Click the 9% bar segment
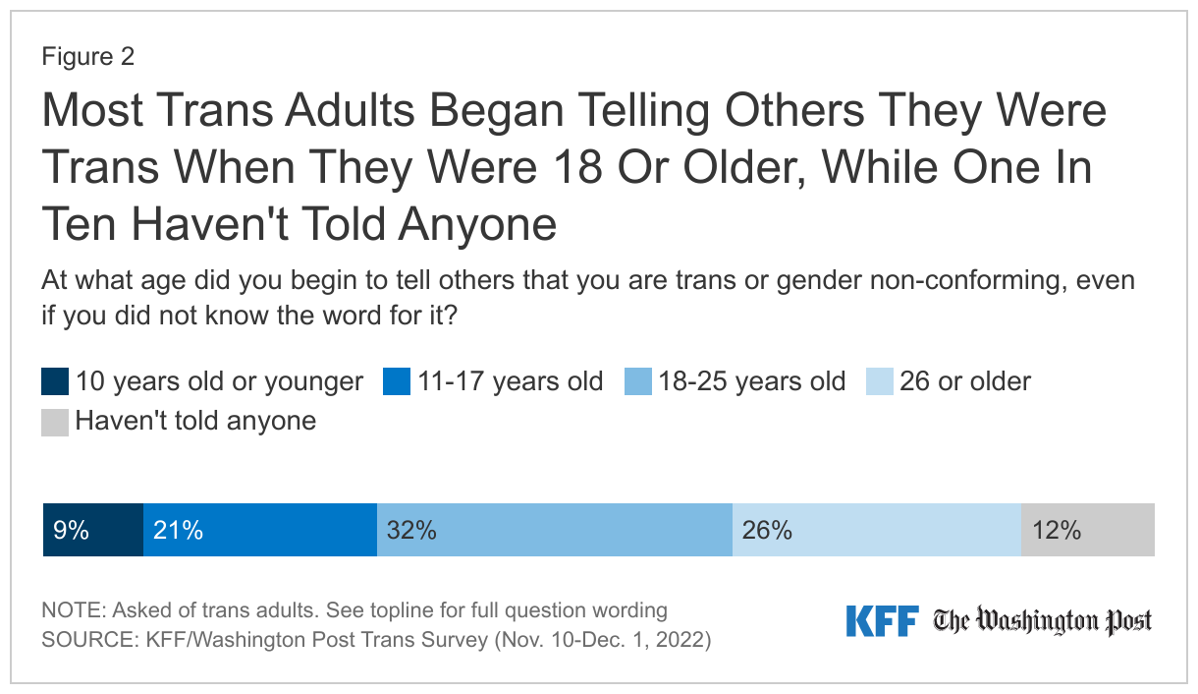(93, 531)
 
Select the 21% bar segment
(260, 531)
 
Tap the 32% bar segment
(555, 531)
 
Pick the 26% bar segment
(877, 531)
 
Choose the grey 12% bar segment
(1088, 531)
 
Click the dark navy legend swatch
(56, 381)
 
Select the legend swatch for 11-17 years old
(397, 381)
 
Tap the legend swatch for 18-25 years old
(638, 381)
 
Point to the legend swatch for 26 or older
(880, 381)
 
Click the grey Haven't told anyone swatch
(56, 422)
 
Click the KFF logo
(882, 621)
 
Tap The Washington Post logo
(1043, 621)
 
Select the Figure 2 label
(88, 57)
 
